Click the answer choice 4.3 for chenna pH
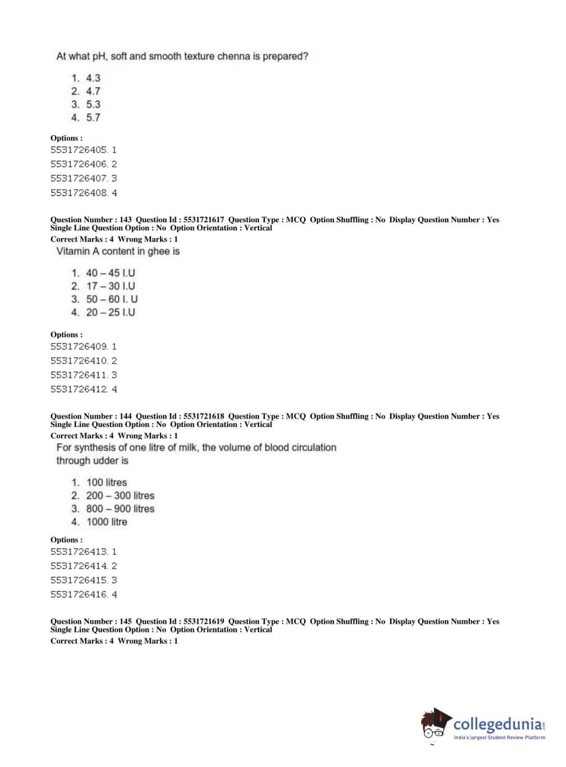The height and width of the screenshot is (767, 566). tap(93, 78)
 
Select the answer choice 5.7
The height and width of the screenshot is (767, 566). tap(93, 118)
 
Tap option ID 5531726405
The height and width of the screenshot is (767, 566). tap(79, 150)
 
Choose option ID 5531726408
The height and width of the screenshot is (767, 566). tap(79, 193)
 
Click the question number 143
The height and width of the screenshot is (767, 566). tap(126, 219)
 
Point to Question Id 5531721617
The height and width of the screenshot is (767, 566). tap(204, 219)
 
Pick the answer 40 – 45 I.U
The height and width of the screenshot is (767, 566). tap(110, 273)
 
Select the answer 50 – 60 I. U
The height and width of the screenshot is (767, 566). tap(111, 299)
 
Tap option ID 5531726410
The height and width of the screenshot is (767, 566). tap(79, 361)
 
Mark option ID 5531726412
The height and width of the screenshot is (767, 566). tap(79, 389)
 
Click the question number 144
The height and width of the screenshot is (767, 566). tap(126, 416)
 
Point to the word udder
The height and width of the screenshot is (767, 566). tap(105, 460)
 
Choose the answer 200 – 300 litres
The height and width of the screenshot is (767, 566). tap(120, 495)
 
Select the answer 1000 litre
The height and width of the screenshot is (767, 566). tap(106, 522)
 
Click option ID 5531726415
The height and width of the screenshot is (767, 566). tap(79, 580)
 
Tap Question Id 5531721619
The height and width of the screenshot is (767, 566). tap(204, 621)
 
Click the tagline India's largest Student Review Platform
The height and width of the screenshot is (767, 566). tap(499, 738)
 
